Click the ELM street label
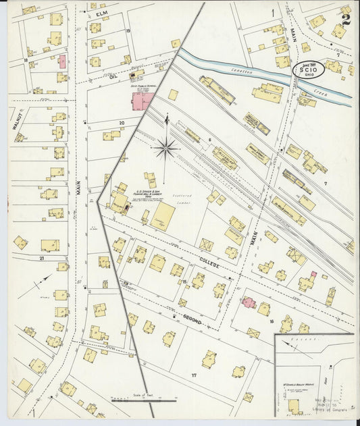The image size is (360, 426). point(103,14)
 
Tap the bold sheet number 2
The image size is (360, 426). point(346,16)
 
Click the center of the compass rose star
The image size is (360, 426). point(166,147)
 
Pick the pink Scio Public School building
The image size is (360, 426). point(142,101)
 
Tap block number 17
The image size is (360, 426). point(193,375)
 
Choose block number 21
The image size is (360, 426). point(41,259)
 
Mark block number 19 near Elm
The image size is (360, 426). point(127,31)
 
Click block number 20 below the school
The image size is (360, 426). point(122,123)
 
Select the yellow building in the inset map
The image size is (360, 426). point(294,405)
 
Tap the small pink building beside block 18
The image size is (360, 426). point(62,61)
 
